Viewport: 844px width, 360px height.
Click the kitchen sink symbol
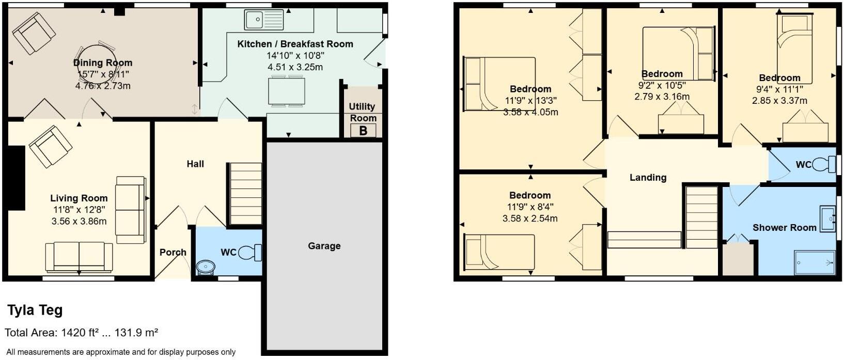click(x=264, y=20)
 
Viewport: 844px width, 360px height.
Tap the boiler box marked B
click(x=363, y=131)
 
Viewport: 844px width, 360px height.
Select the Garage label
click(x=324, y=246)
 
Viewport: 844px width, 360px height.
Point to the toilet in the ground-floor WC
click(x=251, y=253)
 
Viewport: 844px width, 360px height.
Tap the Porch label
click(x=173, y=252)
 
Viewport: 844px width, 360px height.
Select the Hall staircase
click(x=245, y=194)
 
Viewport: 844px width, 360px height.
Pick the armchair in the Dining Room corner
click(x=34, y=33)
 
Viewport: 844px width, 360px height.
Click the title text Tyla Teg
click(x=35, y=310)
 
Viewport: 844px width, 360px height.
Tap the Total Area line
click(x=81, y=333)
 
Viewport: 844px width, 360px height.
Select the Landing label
click(x=648, y=177)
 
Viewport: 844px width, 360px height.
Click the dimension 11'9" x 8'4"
click(x=530, y=207)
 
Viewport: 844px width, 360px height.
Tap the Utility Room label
click(x=363, y=112)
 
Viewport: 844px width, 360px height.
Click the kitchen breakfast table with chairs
click(x=286, y=91)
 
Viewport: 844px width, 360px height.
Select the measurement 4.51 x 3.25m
click(x=295, y=67)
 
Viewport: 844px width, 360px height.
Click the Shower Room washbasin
click(x=827, y=218)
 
